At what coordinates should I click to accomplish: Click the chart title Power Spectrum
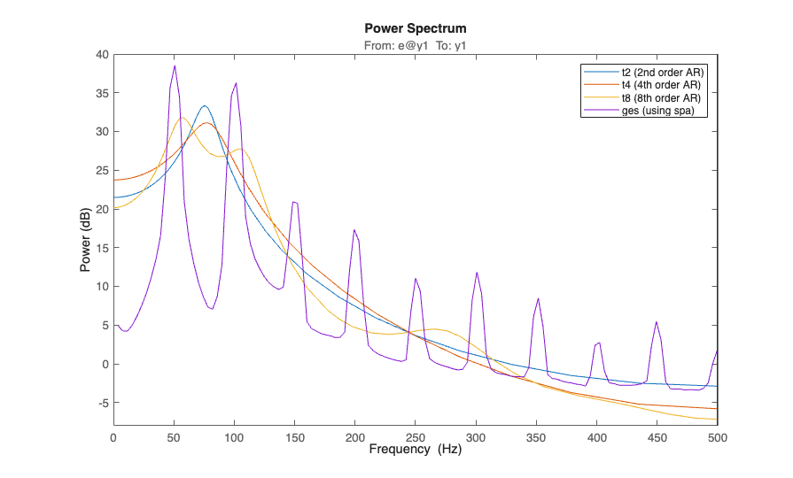[415, 28]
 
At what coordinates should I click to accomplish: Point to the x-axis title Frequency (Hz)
[415, 450]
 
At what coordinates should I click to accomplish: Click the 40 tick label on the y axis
[102, 55]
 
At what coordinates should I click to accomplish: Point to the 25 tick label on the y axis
[102, 171]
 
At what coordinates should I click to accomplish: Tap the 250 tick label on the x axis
[416, 437]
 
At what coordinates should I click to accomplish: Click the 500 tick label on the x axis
[718, 437]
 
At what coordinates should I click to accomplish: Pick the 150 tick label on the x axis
[295, 437]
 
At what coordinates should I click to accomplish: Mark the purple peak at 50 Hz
[175, 66]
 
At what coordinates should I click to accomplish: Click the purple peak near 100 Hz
[236, 83]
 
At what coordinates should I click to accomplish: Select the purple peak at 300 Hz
[477, 273]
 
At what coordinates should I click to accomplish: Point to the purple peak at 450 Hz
[657, 322]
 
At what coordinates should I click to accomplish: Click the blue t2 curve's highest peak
[205, 105]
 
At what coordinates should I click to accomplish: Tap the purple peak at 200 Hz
[354, 230]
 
